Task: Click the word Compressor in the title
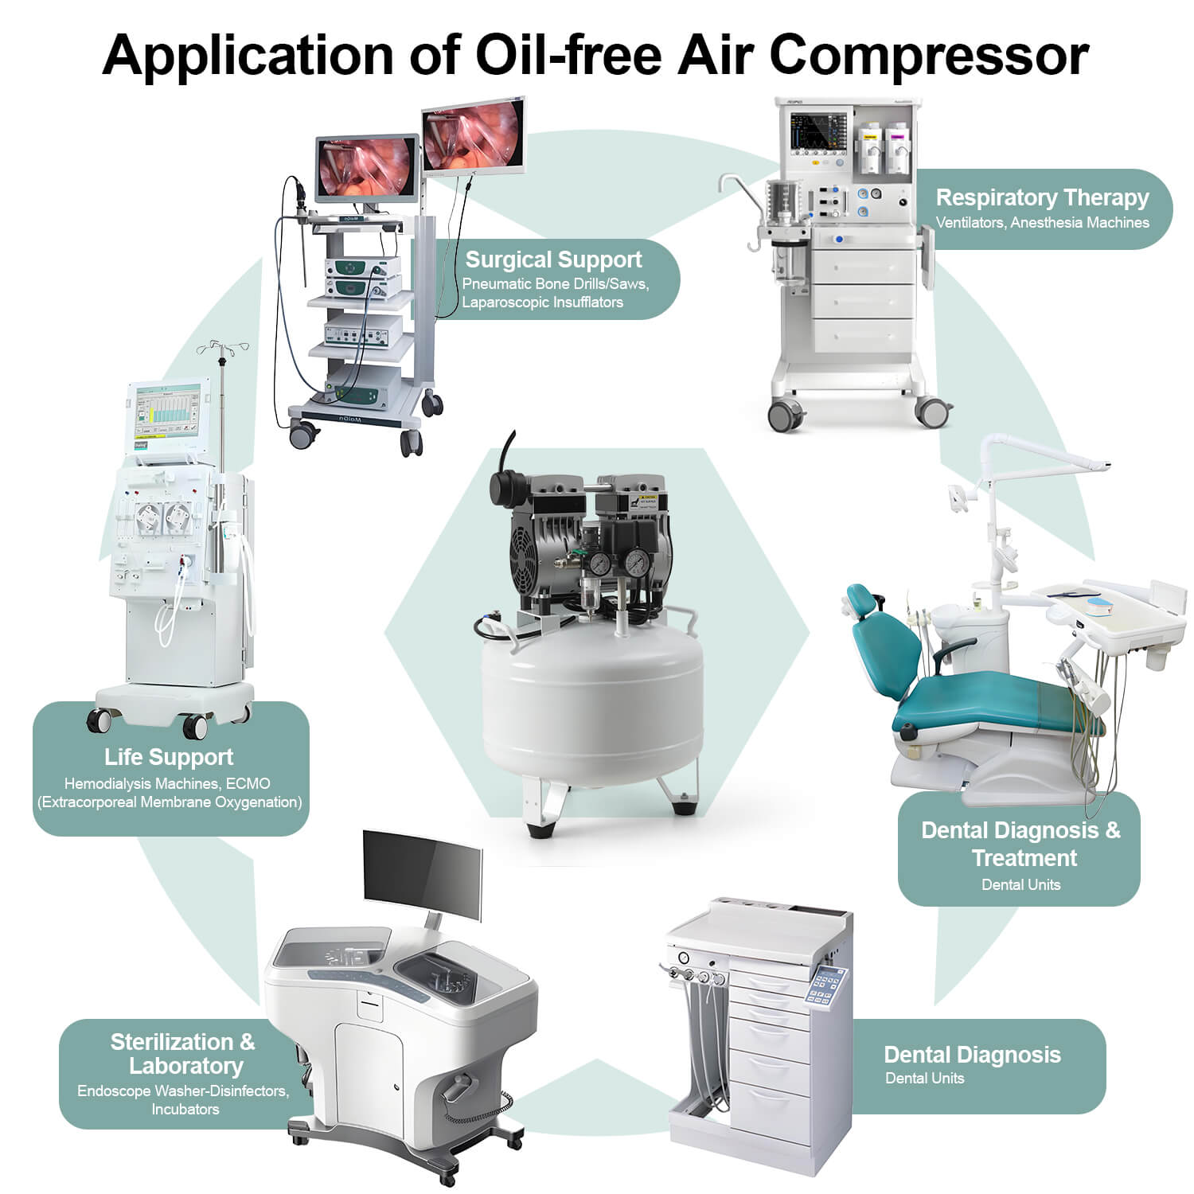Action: (928, 55)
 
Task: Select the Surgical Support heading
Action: (553, 259)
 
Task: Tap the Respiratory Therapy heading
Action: (1042, 197)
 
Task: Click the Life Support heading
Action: (169, 757)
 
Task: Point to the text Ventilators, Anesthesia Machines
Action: (1042, 223)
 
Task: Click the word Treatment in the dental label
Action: (1024, 858)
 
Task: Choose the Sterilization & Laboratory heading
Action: (184, 1054)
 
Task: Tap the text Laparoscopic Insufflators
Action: (543, 302)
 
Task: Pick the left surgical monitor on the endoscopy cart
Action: (367, 168)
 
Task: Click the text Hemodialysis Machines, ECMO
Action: (167, 784)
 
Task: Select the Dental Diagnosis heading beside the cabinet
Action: (972, 1055)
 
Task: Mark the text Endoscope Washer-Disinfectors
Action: (183, 1091)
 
